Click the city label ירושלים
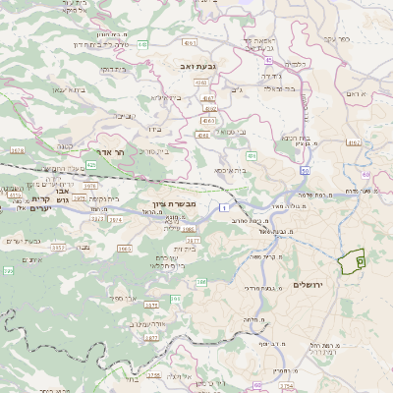(335, 284)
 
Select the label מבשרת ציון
(177, 203)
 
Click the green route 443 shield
(142, 44)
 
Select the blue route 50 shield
(306, 170)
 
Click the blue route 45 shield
(267, 60)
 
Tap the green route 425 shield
(91, 165)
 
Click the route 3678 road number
(17, 150)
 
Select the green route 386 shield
(201, 282)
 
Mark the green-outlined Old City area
(351, 261)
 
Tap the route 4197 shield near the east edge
(379, 115)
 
